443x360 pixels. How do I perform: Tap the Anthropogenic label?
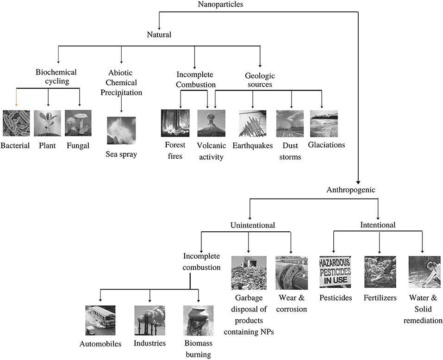tap(350, 190)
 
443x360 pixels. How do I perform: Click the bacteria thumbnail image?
tap(16, 124)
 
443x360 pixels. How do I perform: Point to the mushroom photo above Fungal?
tap(79, 124)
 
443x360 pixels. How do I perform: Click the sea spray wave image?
tap(121, 130)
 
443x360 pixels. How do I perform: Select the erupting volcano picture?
tap(211, 123)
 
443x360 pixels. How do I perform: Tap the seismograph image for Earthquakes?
tap(252, 124)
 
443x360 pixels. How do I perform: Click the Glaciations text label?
tap(326, 145)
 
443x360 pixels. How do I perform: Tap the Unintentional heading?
tap(253, 225)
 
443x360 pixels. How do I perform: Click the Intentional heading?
tap(378, 225)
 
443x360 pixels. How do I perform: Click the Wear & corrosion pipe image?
tap(291, 273)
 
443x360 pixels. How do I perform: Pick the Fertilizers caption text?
tap(380, 298)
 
